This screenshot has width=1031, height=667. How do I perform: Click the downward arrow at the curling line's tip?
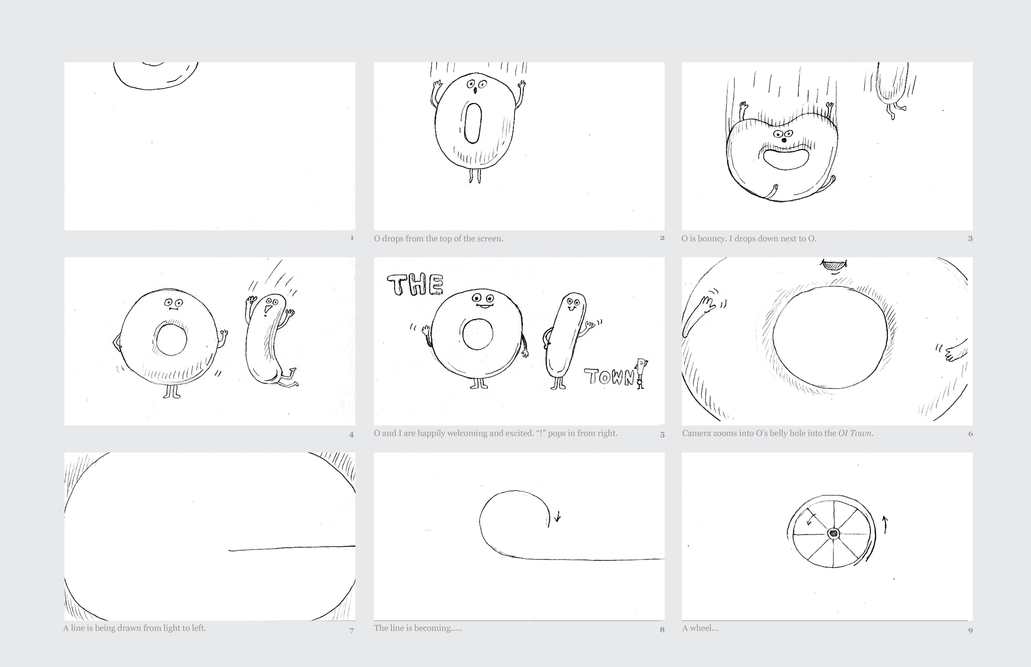tap(558, 516)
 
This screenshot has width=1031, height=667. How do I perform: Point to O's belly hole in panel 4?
tap(172, 339)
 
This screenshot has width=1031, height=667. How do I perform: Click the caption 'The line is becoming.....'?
tap(418, 628)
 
